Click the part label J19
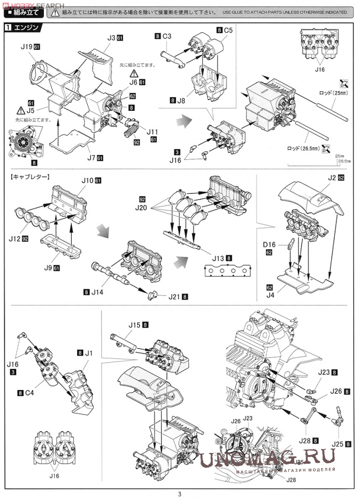(27, 46)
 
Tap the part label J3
(111, 38)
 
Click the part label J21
(174, 296)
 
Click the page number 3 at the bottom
(180, 493)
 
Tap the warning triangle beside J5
(21, 111)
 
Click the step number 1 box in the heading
(7, 28)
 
